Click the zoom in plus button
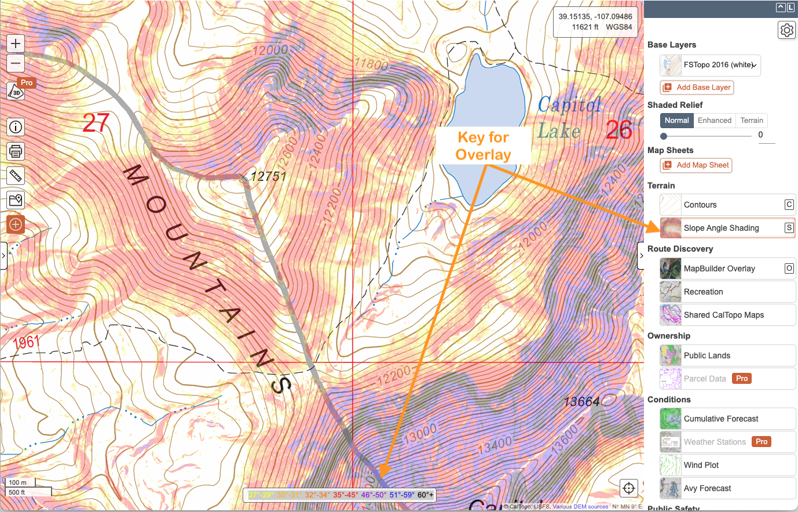[16, 43]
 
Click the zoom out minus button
[16, 63]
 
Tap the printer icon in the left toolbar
[16, 151]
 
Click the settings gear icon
[786, 30]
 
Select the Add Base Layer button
[697, 88]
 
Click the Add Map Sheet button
[696, 165]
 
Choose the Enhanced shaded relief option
[714, 121]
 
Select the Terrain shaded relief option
[751, 121]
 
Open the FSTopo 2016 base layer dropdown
[710, 66]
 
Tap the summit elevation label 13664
[581, 401]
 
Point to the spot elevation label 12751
[268, 176]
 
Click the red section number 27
[96, 123]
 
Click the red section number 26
[618, 130]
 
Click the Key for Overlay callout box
[483, 146]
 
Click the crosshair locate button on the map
[629, 488]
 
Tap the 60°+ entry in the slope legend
[425, 495]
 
